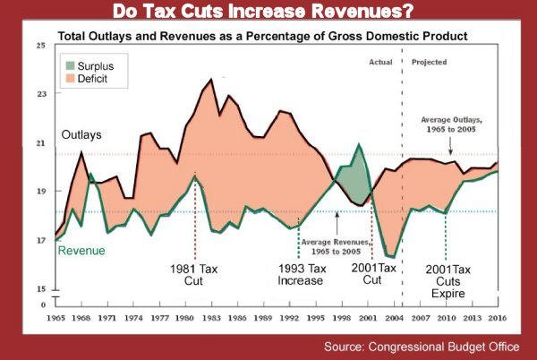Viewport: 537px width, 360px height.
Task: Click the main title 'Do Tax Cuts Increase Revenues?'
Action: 268,13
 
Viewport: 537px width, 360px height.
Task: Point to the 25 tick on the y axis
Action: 39,46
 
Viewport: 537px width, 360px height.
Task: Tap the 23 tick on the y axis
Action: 39,94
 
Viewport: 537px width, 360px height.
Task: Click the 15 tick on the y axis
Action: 39,289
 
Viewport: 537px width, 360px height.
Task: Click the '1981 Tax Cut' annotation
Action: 195,274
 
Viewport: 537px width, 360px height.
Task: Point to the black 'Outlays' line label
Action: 82,134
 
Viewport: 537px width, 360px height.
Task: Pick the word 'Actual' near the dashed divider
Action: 381,62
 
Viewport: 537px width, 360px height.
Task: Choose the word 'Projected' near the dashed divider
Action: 430,62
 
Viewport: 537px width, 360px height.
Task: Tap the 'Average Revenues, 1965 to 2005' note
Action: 332,246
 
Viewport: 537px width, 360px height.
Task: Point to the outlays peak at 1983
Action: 211,80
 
